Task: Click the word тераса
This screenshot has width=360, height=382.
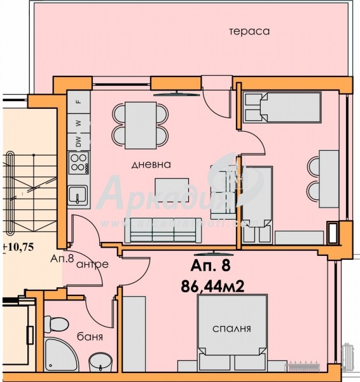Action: (251, 31)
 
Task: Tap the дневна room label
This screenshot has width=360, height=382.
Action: (151, 164)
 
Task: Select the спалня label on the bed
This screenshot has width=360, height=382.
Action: (232, 329)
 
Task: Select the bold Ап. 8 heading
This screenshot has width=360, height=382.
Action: (212, 265)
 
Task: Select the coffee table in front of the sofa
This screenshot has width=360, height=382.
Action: (172, 189)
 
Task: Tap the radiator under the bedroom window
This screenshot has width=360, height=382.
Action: (305, 365)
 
